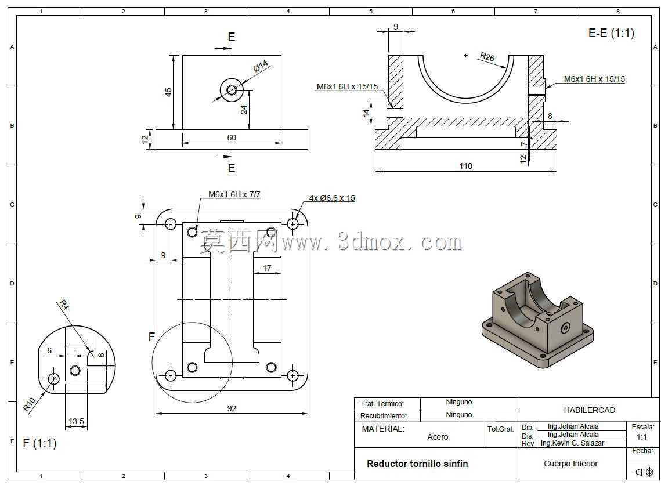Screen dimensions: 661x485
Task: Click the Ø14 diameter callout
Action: click(x=261, y=66)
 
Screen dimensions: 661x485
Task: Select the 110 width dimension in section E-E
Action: click(x=465, y=166)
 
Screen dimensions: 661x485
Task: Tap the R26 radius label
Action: click(x=487, y=56)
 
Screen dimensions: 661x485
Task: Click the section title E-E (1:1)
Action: click(x=611, y=33)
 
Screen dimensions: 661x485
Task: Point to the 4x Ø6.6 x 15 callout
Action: click(x=332, y=198)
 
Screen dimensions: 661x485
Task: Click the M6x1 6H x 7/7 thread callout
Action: click(x=234, y=194)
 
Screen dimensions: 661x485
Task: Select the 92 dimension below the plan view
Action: click(x=232, y=408)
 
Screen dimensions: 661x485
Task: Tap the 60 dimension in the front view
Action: click(x=232, y=137)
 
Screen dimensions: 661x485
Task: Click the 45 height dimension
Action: click(x=168, y=92)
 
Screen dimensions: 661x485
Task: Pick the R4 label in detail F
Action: click(x=64, y=304)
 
